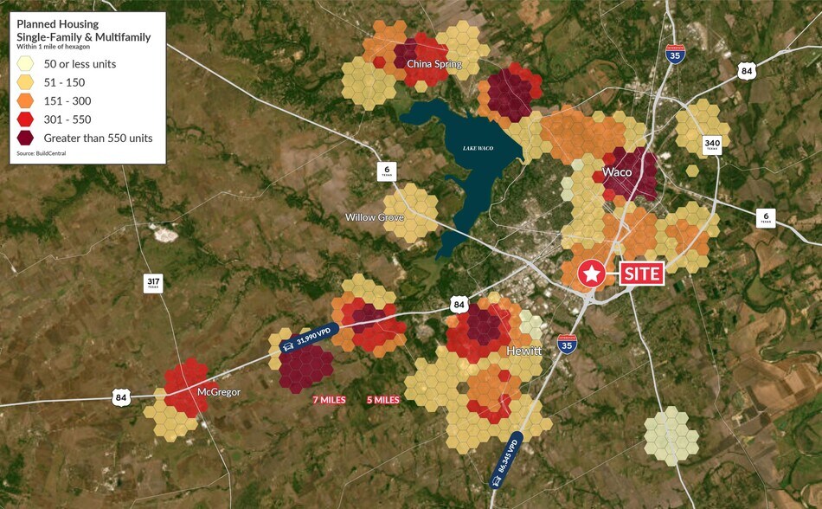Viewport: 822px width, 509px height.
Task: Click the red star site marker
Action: click(592, 274)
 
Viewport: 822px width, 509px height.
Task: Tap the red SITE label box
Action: click(641, 274)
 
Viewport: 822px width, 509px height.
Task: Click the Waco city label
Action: click(617, 172)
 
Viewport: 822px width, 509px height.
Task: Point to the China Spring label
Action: click(434, 64)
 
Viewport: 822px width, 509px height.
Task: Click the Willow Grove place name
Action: click(374, 217)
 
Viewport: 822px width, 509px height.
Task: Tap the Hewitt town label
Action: click(523, 351)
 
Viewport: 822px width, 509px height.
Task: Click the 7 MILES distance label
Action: click(330, 400)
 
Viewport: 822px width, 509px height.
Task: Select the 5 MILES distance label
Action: click(382, 400)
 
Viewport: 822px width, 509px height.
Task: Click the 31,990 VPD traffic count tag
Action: click(307, 341)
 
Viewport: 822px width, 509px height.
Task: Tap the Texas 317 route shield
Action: click(153, 283)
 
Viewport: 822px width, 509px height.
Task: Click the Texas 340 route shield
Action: click(712, 144)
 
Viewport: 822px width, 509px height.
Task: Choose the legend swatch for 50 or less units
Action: click(28, 64)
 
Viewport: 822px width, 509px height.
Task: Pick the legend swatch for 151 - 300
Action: click(28, 100)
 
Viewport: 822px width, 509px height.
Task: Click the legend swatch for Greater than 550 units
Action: click(28, 138)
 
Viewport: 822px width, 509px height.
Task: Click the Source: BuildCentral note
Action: click(41, 153)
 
